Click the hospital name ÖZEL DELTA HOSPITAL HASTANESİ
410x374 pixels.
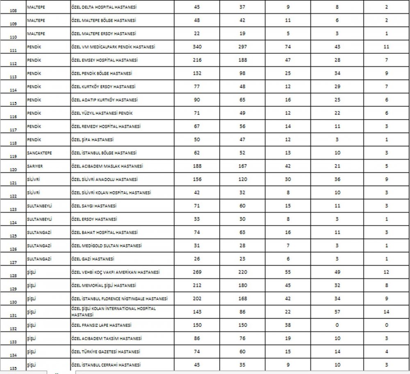click(x=104, y=7)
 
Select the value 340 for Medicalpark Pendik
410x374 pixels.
click(x=197, y=47)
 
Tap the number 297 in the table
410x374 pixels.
click(x=242, y=47)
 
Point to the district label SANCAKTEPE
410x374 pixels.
click(x=39, y=153)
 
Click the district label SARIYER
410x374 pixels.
click(x=35, y=166)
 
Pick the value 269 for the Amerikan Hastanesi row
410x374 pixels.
click(x=197, y=272)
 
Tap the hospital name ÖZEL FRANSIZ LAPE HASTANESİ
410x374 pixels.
click(x=101, y=325)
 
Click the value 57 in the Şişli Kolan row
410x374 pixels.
click(x=337, y=312)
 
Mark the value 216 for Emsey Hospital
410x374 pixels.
click(x=197, y=60)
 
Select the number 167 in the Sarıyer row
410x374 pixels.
click(x=242, y=166)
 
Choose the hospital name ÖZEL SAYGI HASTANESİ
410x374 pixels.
click(x=93, y=206)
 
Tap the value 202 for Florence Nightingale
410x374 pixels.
click(x=197, y=299)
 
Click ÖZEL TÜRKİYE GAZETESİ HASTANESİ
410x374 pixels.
click(x=105, y=352)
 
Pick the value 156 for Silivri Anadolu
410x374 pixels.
click(x=197, y=179)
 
